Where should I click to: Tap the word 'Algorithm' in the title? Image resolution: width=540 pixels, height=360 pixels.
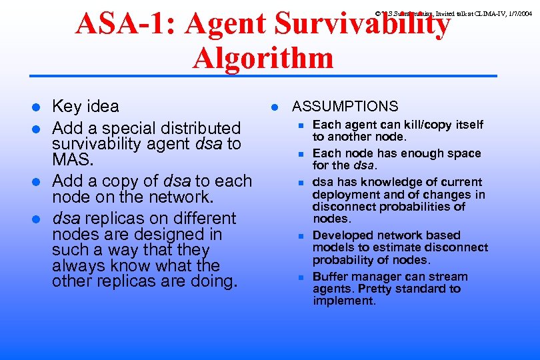click(263, 58)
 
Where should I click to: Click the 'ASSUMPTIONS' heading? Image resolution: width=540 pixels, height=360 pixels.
click(345, 107)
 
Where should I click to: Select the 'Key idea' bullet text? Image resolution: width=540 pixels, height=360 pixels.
click(85, 107)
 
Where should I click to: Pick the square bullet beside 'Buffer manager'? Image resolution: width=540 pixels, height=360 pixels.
click(301, 277)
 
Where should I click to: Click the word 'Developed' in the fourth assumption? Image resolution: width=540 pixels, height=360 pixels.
click(341, 235)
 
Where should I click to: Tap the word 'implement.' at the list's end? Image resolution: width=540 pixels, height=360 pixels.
click(344, 301)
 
